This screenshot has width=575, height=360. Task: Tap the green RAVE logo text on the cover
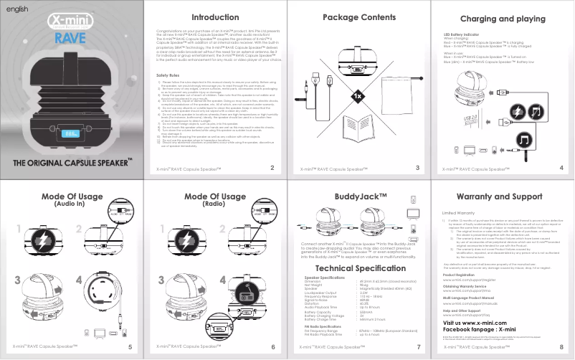72,37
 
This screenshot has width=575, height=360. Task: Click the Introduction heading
214,17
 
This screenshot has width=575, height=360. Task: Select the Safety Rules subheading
167,75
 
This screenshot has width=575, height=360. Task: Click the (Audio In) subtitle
72,204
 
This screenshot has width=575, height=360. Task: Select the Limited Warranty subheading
458,214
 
